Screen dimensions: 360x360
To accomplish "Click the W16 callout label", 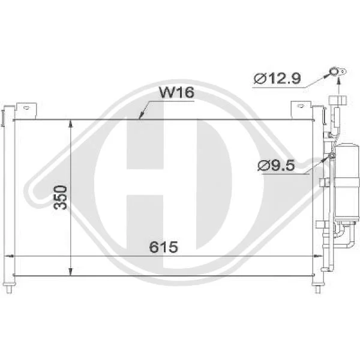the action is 177,92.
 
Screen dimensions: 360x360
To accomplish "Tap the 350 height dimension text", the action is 61,197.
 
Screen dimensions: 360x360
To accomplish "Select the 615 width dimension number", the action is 163,247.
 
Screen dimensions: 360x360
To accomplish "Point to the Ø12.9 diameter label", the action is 277,78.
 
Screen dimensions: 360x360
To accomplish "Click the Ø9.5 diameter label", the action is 276,166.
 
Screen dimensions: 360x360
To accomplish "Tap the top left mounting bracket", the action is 26,111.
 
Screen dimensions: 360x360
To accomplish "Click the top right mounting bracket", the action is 301,110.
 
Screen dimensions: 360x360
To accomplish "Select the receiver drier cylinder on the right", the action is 347,181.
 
